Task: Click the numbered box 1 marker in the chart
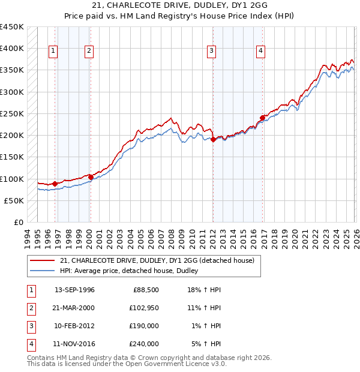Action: tap(53, 52)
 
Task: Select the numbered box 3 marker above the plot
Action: tap(212, 52)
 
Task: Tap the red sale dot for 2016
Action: tap(262, 118)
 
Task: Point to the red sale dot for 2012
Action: tap(213, 139)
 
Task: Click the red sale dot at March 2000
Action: tap(91, 177)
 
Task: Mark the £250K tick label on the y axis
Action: tap(12, 113)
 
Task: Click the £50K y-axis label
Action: tap(14, 200)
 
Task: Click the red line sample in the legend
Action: tap(43, 260)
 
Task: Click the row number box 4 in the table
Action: tap(30, 344)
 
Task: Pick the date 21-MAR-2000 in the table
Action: tap(74, 308)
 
